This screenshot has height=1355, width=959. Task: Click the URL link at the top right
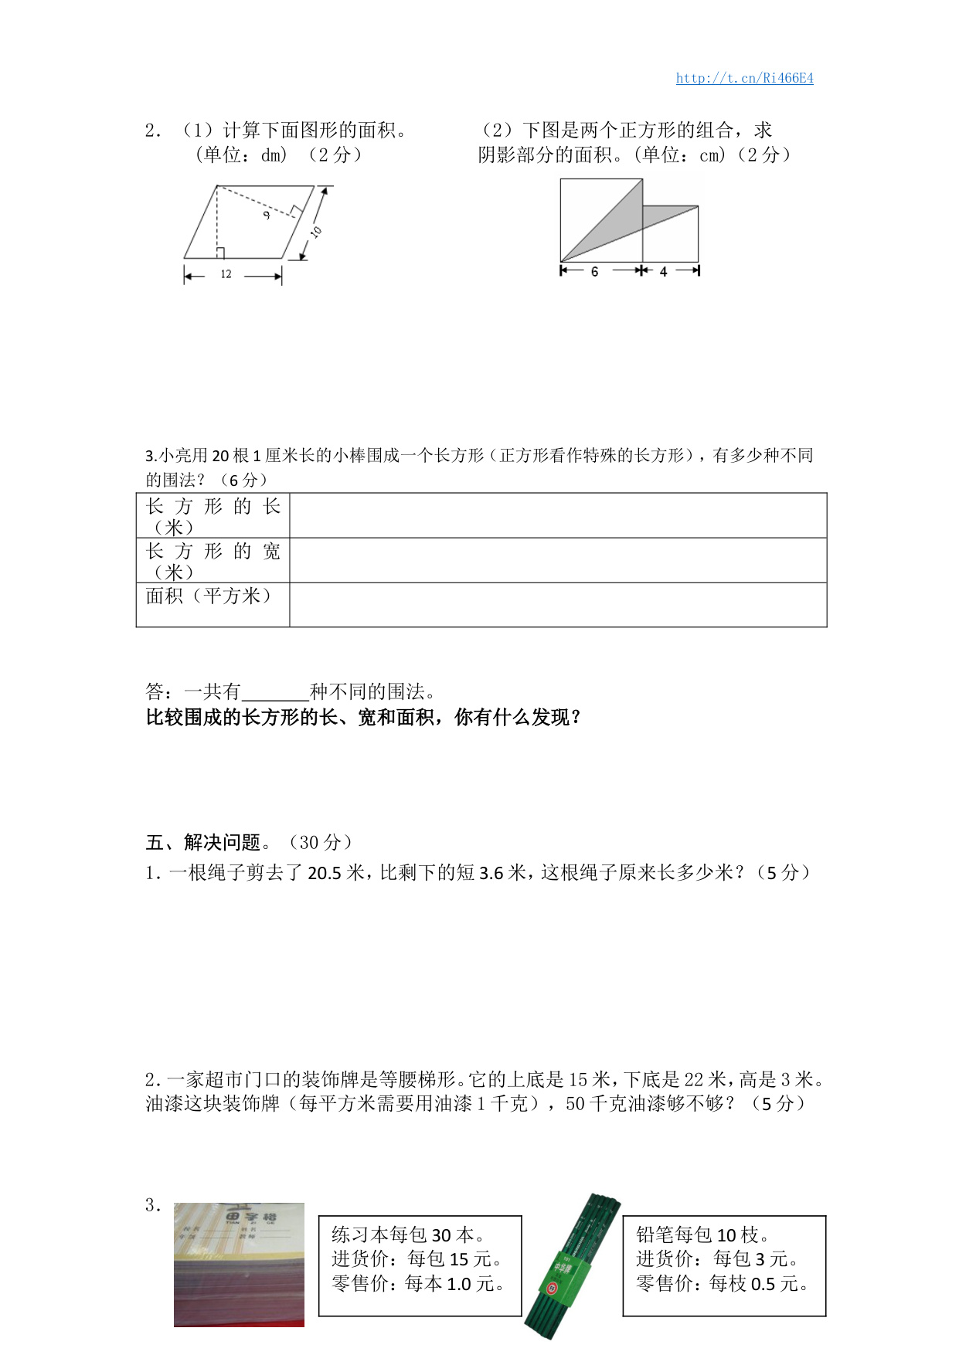tap(744, 78)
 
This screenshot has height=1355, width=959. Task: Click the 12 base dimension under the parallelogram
tap(226, 274)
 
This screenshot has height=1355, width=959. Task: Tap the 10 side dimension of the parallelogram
tap(316, 231)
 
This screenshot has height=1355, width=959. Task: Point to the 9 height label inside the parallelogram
tap(267, 214)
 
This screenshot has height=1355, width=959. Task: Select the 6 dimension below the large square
tap(594, 271)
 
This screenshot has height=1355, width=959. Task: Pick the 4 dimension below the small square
tap(663, 271)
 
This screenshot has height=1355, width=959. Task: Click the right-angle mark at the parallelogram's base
tap(220, 253)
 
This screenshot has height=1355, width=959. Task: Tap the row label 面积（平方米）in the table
tap(209, 596)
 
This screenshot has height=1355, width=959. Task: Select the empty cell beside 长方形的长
tap(557, 515)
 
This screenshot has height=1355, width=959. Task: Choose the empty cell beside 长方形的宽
tap(557, 560)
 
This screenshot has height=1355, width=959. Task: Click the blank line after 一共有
tap(275, 692)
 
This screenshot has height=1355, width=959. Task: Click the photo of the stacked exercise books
tap(239, 1264)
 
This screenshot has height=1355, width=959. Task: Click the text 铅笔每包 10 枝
tap(702, 1234)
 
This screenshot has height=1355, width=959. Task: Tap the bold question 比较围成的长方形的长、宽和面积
tap(363, 718)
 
